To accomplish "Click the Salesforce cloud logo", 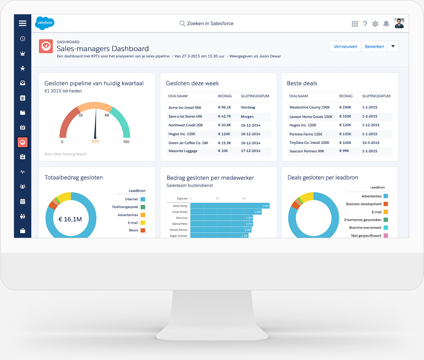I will click(45, 23).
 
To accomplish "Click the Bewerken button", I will click(374, 46).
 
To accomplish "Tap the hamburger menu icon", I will click(22, 23).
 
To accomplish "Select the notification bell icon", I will click(386, 24).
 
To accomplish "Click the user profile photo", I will click(399, 23).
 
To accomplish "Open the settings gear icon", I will click(375, 24).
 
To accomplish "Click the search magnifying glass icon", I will click(182, 23).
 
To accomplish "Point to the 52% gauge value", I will click(95, 141).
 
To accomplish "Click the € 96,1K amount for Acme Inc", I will click(224, 107).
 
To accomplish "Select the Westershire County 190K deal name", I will click(309, 107).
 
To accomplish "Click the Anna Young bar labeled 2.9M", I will click(230, 206).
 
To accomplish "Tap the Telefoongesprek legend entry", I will click(125, 207).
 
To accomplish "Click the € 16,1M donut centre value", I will click(70, 219).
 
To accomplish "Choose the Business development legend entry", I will click(364, 204).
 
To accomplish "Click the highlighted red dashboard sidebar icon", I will click(23, 142).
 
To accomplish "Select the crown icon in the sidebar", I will click(23, 53).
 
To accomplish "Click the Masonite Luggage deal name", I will click(183, 151).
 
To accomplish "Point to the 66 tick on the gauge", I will click(107, 115).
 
